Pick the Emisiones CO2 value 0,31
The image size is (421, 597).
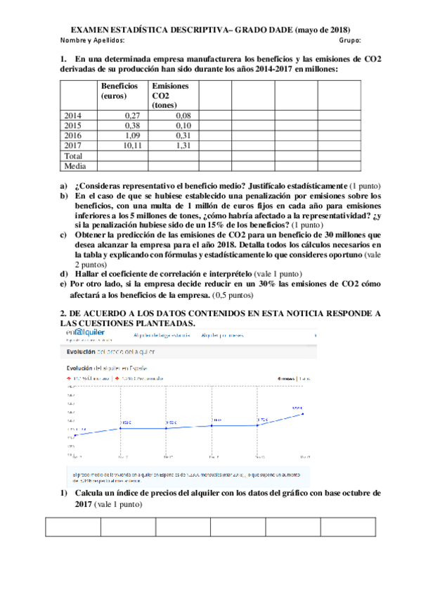[x=182, y=135]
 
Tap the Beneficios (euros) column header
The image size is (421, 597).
[x=119, y=90]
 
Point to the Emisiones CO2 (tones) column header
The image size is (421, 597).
[x=170, y=95]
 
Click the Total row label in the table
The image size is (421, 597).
[x=73, y=156]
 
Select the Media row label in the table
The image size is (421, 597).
[x=75, y=166]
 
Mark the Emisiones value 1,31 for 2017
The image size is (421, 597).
[x=182, y=145]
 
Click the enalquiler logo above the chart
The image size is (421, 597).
[x=84, y=333]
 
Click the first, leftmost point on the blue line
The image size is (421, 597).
[x=75, y=434]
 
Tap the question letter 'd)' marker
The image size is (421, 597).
[x=64, y=273]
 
